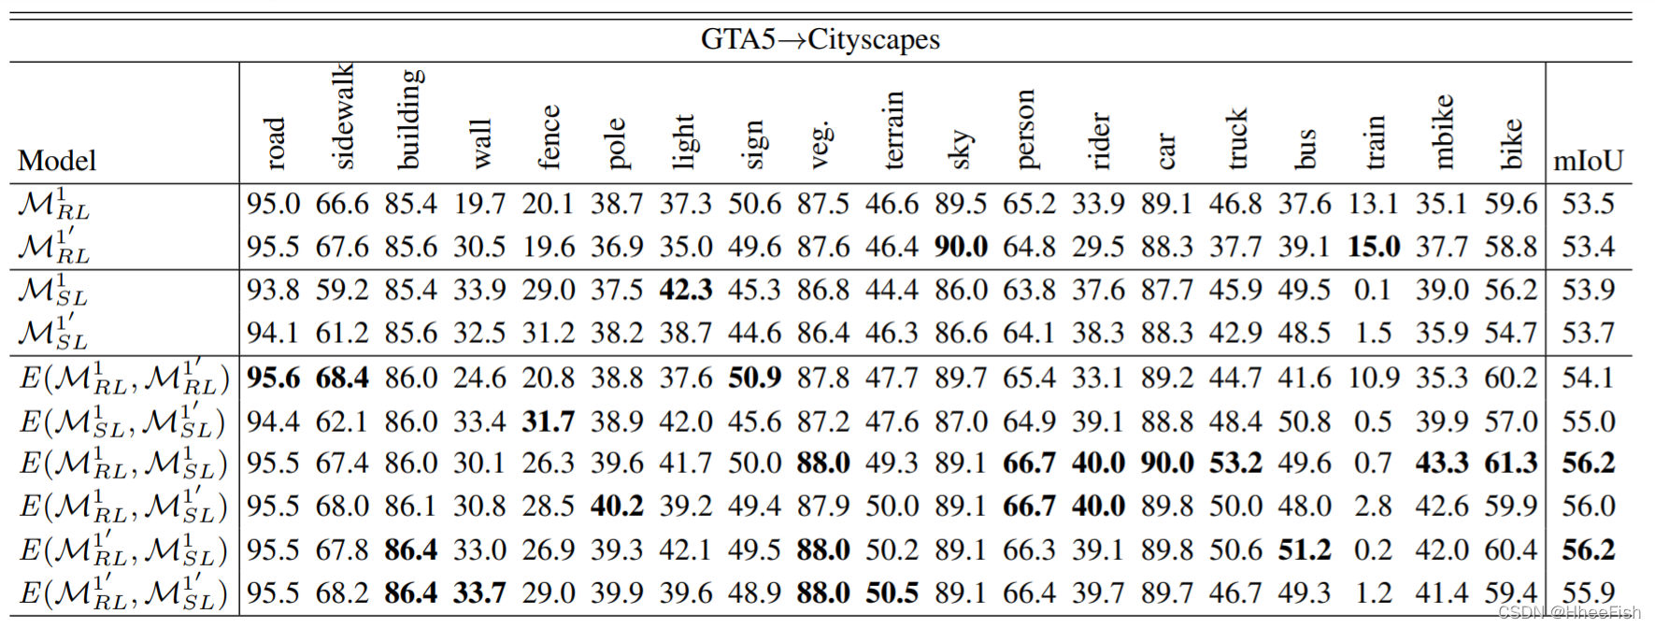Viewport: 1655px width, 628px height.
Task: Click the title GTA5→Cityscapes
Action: pos(820,39)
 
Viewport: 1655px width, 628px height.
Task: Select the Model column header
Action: pos(56,161)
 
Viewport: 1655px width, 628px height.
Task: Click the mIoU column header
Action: pos(1588,161)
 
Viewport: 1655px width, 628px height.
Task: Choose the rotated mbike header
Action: pos(1444,132)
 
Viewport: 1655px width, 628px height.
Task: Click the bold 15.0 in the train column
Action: pos(1373,247)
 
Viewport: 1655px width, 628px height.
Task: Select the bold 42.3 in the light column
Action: pos(685,290)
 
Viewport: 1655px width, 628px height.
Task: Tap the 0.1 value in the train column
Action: pos(1373,290)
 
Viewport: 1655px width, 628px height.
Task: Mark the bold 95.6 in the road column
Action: pos(273,378)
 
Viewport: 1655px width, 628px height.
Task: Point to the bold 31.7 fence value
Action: pos(548,421)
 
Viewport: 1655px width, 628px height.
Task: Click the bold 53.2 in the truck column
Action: pos(1235,464)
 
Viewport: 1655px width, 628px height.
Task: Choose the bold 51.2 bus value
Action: pos(1304,549)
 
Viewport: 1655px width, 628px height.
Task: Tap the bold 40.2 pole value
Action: pos(617,507)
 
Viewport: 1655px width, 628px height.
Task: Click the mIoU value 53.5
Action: pos(1588,204)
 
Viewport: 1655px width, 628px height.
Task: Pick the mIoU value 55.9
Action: pos(1588,592)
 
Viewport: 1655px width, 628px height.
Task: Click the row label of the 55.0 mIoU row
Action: pos(122,422)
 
